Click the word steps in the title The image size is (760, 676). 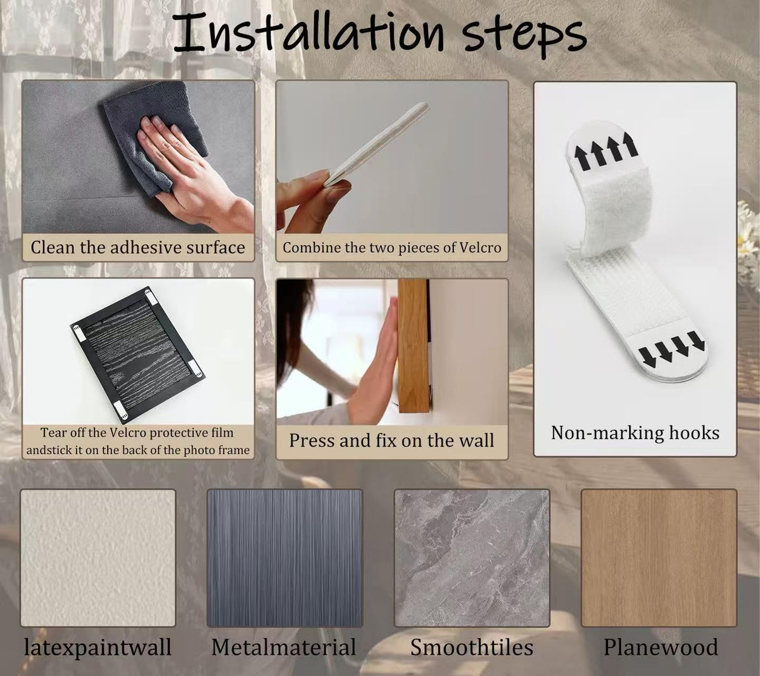pos(524,36)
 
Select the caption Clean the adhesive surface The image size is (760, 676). pos(137,248)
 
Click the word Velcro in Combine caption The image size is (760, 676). pos(480,248)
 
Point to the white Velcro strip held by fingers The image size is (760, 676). pos(377,144)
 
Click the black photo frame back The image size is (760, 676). pos(137,354)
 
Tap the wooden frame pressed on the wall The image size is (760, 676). pos(413,346)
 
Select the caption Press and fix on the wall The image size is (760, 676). pos(391,440)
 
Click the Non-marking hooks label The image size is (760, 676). pos(635,433)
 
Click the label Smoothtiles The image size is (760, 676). pos(472,647)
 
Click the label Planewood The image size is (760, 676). pos(661,647)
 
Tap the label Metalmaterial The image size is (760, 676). pos(284,647)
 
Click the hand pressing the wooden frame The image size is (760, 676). pos(375,360)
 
